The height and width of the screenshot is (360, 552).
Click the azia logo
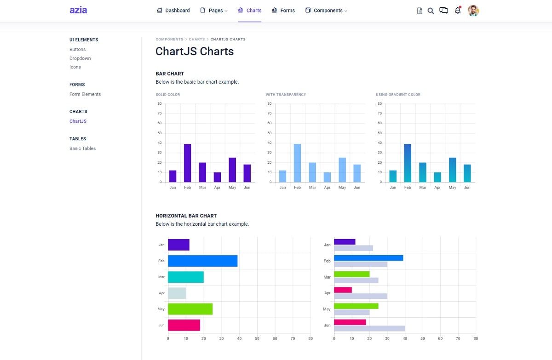pyautogui.click(x=78, y=10)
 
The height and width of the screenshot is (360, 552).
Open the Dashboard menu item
pyautogui.click(x=173, y=10)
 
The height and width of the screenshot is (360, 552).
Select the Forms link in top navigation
pyautogui.click(x=283, y=10)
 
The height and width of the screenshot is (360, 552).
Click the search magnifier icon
pyautogui.click(x=431, y=11)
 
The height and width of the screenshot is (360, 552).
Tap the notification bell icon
pyautogui.click(x=457, y=10)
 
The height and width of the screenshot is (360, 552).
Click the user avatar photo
pyautogui.click(x=473, y=11)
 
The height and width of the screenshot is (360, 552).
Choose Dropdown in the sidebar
pyautogui.click(x=80, y=58)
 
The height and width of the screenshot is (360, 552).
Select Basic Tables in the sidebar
pyautogui.click(x=82, y=149)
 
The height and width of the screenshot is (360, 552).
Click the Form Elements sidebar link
pyautogui.click(x=85, y=94)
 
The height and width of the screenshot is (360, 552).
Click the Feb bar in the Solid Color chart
pyautogui.click(x=187, y=163)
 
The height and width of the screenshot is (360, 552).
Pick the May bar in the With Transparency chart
pyautogui.click(x=342, y=170)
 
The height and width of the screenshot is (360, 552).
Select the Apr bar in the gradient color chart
pyautogui.click(x=437, y=177)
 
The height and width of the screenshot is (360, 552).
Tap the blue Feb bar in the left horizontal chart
pyautogui.click(x=202, y=261)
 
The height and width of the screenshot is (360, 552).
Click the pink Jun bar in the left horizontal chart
pyautogui.click(x=184, y=325)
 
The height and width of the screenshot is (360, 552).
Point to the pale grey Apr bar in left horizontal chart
pyautogui.click(x=177, y=293)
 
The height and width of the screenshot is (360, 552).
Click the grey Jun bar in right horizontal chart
pyautogui.click(x=369, y=328)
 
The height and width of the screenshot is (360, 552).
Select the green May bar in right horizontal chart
pyautogui.click(x=356, y=306)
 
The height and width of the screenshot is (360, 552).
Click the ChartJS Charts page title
pyautogui.click(x=195, y=51)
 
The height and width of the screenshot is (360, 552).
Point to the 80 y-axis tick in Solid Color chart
pyautogui.click(x=159, y=104)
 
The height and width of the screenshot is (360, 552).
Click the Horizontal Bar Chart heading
pyautogui.click(x=186, y=216)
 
